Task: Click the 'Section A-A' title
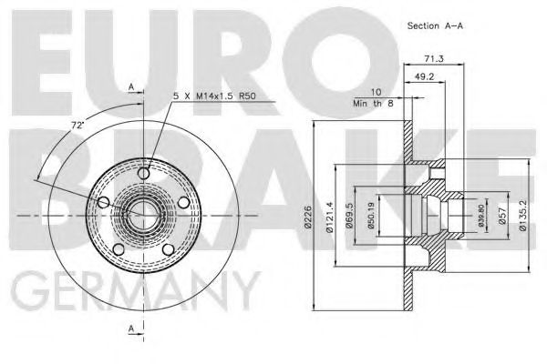tap(435, 25)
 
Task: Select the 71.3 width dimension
tap(434, 59)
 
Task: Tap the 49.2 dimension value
tap(424, 76)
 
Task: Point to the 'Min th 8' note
tap(373, 104)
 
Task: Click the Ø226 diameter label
tap(307, 217)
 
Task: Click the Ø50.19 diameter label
tap(370, 216)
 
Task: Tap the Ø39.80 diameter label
tap(481, 216)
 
